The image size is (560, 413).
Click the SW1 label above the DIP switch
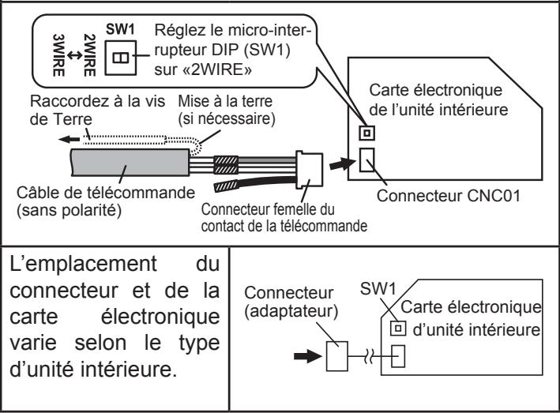click(120, 30)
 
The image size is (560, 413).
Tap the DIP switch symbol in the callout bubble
click(120, 58)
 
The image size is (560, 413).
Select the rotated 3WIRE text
click(58, 55)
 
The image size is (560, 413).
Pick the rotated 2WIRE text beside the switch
click(89, 55)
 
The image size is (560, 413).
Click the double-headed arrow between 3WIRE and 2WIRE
click(74, 55)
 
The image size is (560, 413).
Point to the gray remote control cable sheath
click(130, 163)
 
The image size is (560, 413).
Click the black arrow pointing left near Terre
click(70, 139)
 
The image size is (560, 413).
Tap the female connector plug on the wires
click(310, 170)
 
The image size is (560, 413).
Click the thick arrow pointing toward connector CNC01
click(342, 163)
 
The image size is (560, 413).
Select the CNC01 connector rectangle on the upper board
click(366, 160)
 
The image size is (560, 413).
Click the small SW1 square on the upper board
click(366, 133)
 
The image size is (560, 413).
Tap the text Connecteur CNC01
click(448, 196)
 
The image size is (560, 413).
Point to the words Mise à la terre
click(225, 101)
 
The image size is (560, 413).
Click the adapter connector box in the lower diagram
click(337, 356)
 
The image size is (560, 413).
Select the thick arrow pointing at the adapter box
click(307, 356)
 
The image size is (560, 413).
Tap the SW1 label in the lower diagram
click(378, 289)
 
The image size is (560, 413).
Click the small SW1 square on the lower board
click(398, 329)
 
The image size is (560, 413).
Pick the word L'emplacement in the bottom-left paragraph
click(83, 265)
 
